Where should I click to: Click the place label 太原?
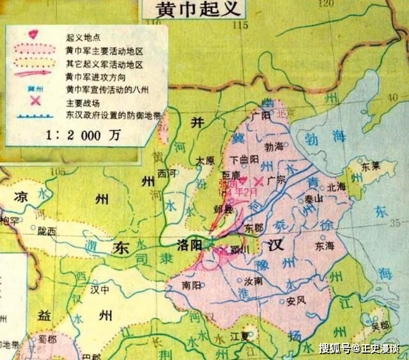click(204, 160)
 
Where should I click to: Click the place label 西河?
click(167, 172)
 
